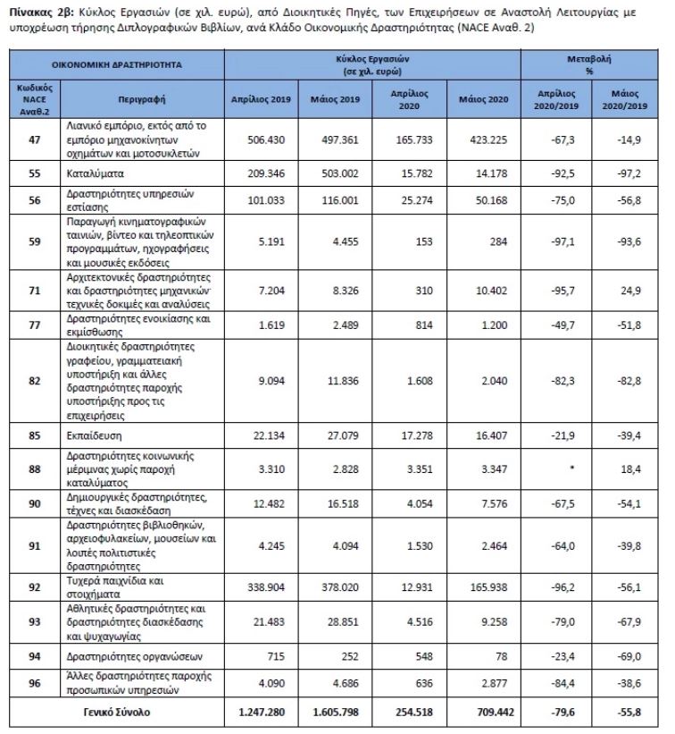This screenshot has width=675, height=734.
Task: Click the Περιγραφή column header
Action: (142, 98)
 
